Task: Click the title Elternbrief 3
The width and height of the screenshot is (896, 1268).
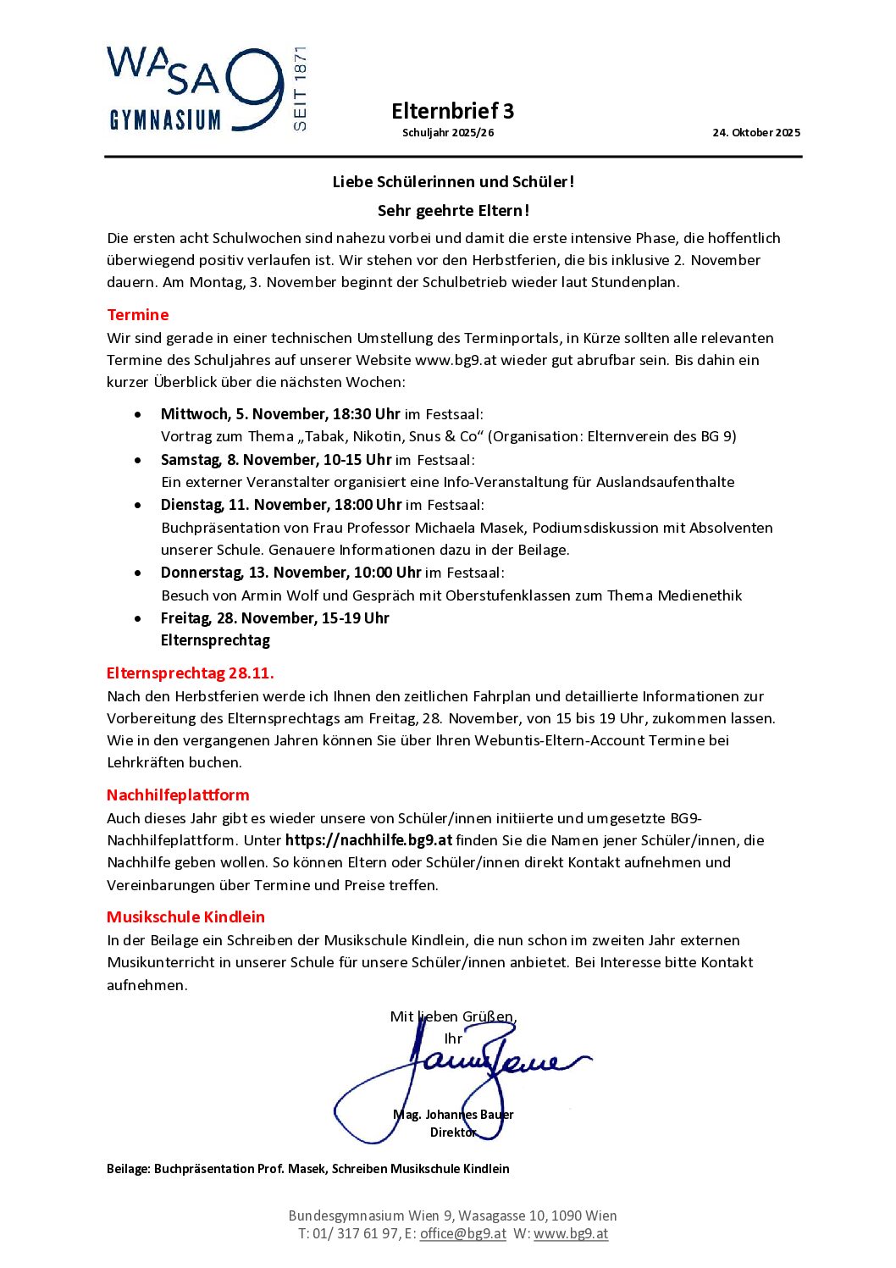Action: [452, 111]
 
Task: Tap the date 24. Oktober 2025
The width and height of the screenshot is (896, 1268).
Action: [755, 132]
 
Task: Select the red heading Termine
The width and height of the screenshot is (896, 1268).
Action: [138, 315]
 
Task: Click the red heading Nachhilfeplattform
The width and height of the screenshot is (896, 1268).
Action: [178, 795]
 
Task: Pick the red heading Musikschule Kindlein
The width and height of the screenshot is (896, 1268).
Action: [185, 917]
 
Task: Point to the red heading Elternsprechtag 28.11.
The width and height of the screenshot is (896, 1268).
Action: [190, 673]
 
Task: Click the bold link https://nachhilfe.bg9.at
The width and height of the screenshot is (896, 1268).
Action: [368, 840]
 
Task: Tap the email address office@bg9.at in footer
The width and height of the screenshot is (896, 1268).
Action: [462, 1233]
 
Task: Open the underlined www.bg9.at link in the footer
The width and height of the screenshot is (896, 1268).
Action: [571, 1233]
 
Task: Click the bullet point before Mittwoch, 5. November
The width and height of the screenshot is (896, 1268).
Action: [138, 415]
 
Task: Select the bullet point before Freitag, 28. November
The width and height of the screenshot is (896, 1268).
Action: [138, 619]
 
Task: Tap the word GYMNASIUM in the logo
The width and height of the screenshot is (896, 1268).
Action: [165, 120]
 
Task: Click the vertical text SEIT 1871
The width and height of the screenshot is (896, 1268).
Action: [300, 89]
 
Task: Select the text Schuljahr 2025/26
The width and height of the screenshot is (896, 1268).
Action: [448, 133]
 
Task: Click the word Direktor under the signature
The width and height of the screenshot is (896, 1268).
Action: [453, 1132]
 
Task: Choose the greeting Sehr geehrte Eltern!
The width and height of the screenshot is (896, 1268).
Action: [453, 211]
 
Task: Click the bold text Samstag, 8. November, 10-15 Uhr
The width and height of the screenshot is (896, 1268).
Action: [276, 460]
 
